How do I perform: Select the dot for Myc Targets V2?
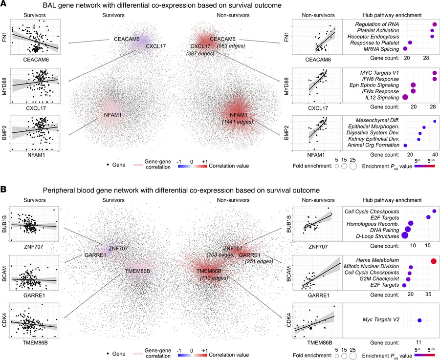pos(419,320)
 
